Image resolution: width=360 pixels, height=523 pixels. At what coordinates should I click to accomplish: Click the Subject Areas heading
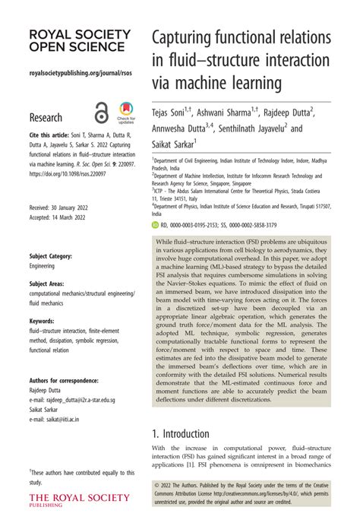[49, 283]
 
